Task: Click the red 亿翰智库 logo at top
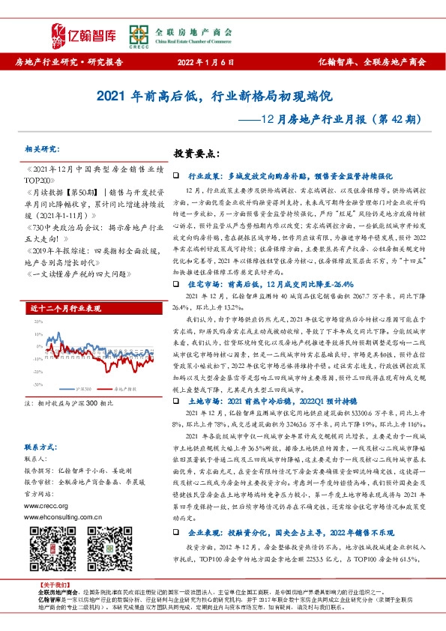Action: coord(79,30)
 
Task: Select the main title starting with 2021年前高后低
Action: coord(223,97)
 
